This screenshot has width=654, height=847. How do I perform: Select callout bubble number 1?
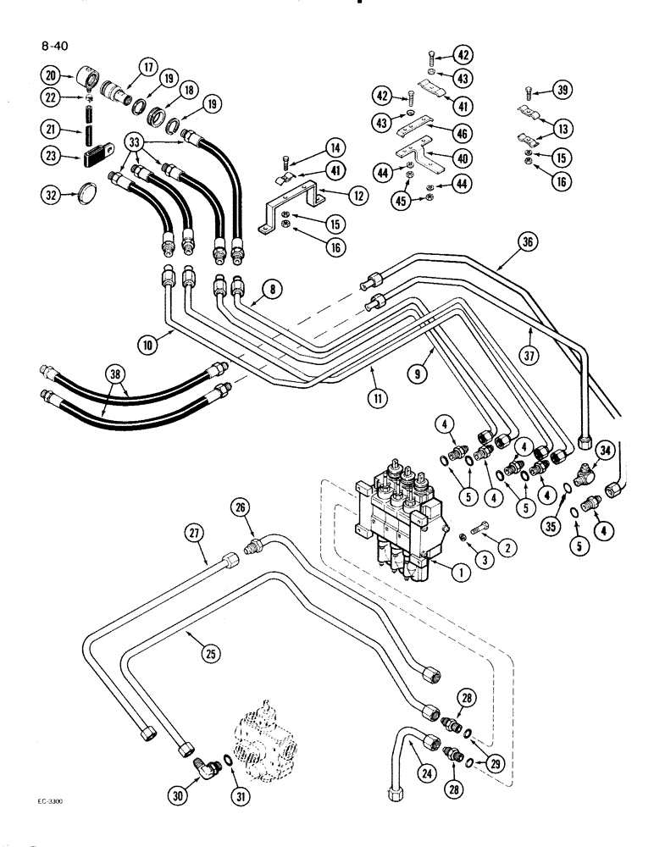(x=458, y=573)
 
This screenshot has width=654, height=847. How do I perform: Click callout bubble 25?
(x=210, y=652)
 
